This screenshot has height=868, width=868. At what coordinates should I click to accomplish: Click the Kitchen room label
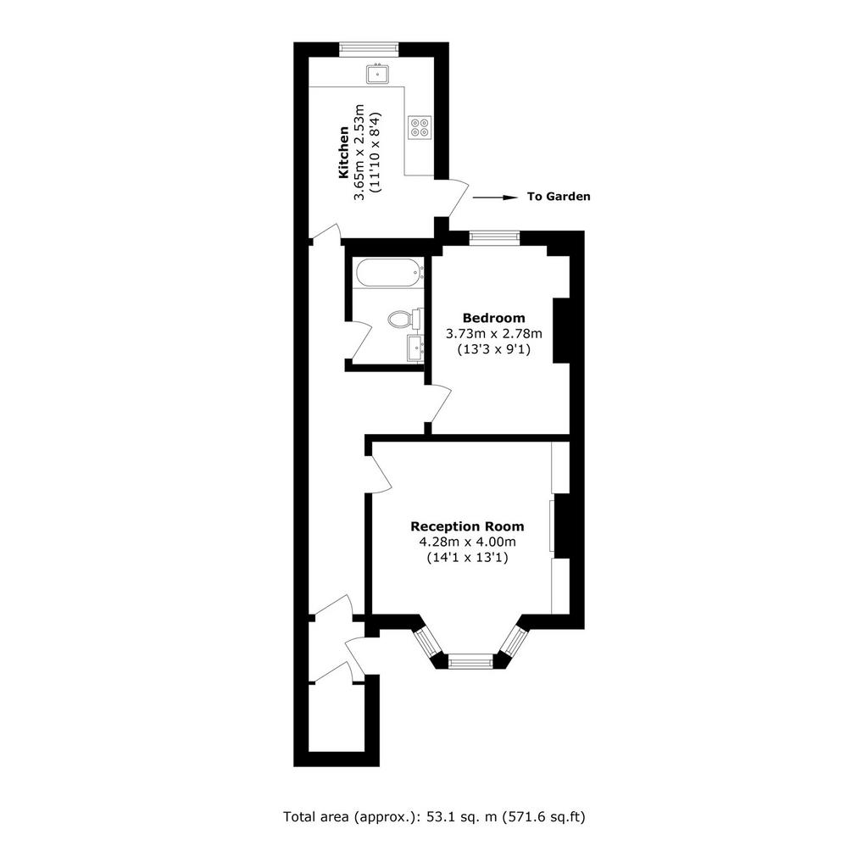(343, 153)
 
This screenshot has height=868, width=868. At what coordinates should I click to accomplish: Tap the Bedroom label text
(494, 318)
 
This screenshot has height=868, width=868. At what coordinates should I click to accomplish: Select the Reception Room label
(467, 526)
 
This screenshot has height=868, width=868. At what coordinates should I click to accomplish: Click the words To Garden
(559, 197)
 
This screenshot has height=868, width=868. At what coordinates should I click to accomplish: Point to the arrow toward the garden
(494, 197)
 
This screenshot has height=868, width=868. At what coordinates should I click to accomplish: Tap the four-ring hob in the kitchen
(420, 126)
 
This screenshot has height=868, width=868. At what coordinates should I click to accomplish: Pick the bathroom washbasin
(415, 348)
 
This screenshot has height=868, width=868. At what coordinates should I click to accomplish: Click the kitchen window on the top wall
(370, 49)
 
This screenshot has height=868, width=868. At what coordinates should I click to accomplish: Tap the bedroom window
(495, 237)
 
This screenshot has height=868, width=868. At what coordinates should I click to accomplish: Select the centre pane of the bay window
(470, 660)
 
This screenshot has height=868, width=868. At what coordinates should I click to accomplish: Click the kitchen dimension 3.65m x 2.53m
(359, 153)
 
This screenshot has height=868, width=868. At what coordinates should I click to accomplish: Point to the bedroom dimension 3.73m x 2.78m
(494, 334)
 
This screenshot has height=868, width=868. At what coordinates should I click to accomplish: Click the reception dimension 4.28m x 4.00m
(467, 542)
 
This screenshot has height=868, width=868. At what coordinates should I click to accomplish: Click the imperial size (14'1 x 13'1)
(467, 558)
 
